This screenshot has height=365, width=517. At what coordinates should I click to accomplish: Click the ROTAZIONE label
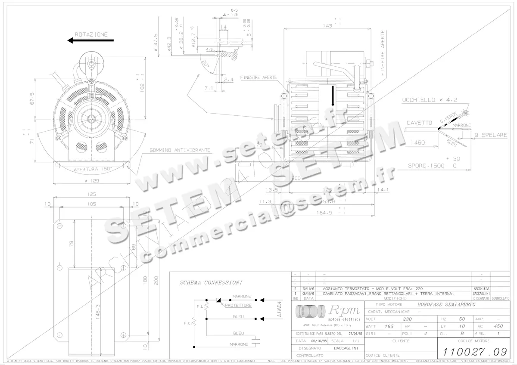pos(91,34)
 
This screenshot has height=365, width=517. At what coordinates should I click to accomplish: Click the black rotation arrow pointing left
pos(90,40)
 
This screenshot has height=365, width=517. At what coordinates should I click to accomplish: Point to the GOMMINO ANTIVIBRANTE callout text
pos(180,150)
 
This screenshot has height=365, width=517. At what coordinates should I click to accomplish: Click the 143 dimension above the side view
pos(327,26)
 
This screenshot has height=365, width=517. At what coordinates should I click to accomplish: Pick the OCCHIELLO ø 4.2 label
pos(429,99)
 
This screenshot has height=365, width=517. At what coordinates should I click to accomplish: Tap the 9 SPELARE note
pos(490,135)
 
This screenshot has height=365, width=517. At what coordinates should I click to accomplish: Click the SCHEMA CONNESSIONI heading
pos(211,282)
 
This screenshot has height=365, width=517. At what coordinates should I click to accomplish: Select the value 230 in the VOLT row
pos(407,319)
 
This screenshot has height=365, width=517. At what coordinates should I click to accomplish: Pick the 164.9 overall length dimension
pos(327,213)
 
